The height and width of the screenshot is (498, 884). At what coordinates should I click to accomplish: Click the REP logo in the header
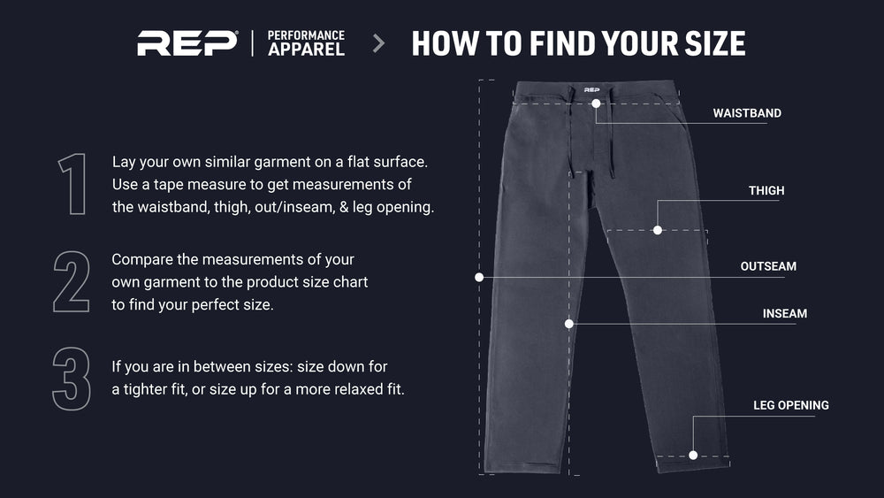187,43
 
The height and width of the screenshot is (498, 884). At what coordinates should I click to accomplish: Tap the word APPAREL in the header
306,50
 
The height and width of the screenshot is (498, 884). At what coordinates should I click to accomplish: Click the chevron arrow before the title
379,43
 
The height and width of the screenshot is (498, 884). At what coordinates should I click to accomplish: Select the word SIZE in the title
715,43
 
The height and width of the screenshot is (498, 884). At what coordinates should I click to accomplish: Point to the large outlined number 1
72,184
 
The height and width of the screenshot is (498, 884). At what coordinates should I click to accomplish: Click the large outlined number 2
72,281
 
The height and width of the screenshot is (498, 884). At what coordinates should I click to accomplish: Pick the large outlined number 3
72,379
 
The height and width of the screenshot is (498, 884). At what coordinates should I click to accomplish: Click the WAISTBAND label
747,113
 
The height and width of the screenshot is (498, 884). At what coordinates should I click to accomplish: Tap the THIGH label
766,191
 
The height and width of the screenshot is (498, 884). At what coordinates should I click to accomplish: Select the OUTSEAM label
768,266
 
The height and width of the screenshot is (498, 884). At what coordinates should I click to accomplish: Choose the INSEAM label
785,314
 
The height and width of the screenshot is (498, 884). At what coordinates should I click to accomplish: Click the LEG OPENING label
791,405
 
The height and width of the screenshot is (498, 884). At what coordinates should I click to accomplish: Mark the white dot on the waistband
596,103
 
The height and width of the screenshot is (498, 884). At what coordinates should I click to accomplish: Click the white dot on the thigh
658,230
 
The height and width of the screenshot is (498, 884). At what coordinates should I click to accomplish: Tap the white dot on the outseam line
479,278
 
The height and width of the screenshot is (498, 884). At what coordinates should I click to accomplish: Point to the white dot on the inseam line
568,324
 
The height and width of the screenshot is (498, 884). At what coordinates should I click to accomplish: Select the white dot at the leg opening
693,456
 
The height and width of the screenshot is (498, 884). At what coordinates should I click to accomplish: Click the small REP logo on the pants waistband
591,89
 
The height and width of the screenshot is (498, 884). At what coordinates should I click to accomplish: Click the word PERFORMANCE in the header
306,35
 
